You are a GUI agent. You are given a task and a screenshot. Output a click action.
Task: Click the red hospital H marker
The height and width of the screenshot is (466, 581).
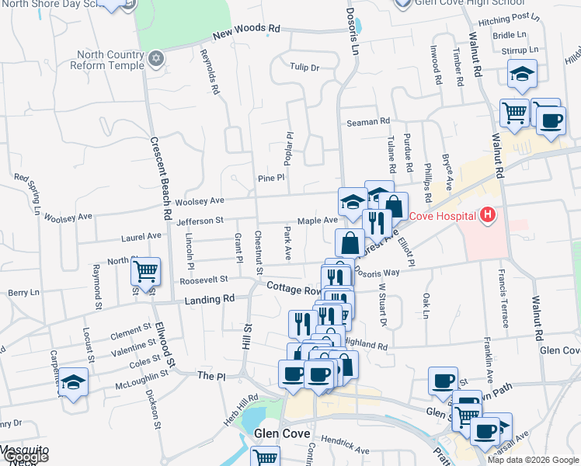pos(488,215)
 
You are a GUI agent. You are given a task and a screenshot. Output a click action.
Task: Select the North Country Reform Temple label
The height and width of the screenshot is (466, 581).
pos(110,60)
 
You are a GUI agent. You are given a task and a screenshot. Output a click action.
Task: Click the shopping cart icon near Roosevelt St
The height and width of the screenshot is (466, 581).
pos(145,271)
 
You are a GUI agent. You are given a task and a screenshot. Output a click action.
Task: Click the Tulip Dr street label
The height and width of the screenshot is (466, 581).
pos(304,68)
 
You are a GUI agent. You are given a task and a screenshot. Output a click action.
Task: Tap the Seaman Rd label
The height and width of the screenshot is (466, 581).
pos(368,122)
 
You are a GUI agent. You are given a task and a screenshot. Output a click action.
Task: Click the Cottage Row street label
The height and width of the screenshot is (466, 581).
pos(294,288)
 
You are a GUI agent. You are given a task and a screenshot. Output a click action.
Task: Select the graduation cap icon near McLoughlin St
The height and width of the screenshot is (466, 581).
pos(74,382)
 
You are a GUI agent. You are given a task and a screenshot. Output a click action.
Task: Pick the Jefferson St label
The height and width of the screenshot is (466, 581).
pos(200,221)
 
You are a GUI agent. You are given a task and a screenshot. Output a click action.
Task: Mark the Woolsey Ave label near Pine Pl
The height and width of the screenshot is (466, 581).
pos(200,202)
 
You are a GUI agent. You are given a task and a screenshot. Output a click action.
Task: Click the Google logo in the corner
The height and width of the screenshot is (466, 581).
pos(25,457)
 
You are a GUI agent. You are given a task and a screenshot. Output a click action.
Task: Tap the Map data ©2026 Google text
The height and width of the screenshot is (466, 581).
pos(532,460)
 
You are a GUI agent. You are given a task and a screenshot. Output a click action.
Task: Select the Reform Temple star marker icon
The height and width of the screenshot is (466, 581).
pos(157,58)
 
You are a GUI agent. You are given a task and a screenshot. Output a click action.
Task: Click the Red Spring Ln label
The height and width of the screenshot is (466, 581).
pos(28,194)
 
